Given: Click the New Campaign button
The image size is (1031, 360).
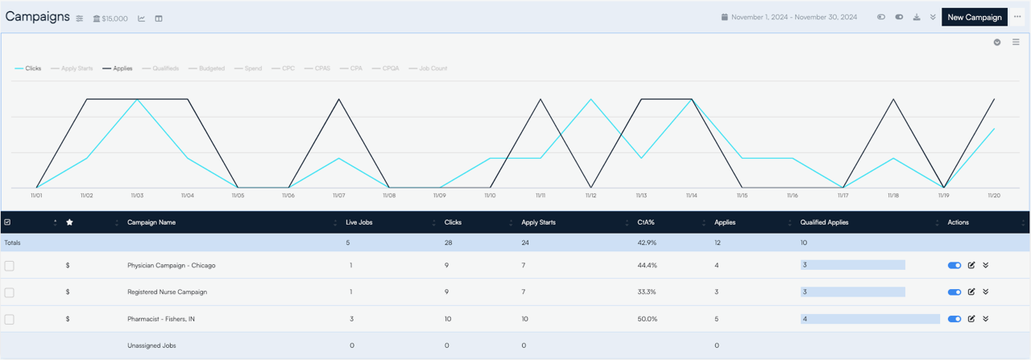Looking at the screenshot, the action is point(975,17).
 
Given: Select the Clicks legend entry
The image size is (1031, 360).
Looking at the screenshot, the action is point(28,68).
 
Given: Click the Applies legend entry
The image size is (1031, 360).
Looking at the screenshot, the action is point(118,68).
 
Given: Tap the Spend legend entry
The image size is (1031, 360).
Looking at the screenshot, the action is point(248,68).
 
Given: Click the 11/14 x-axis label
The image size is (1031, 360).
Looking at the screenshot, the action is point(691,195).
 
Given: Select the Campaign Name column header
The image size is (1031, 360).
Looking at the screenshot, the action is point(151,222).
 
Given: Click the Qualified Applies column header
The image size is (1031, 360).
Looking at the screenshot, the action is point(824,222).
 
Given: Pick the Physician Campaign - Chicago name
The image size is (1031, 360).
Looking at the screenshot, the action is point(172,265).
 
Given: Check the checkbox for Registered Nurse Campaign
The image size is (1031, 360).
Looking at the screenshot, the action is point(9,292).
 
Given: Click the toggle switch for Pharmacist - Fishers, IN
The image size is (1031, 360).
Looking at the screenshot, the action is point(954,319).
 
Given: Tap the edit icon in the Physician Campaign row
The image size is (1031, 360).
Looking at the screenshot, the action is point(971,265).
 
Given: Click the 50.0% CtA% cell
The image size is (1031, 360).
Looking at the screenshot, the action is point(647,319).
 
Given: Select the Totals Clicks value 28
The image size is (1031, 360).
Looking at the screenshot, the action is point(449,242).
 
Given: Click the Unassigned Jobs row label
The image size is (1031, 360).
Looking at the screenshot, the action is point(151,346).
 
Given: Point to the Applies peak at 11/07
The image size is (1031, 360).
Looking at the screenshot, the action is point(339,99).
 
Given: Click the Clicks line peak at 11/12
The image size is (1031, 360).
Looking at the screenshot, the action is point(591,99).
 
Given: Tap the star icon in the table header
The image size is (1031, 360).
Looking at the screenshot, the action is point(69,222).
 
